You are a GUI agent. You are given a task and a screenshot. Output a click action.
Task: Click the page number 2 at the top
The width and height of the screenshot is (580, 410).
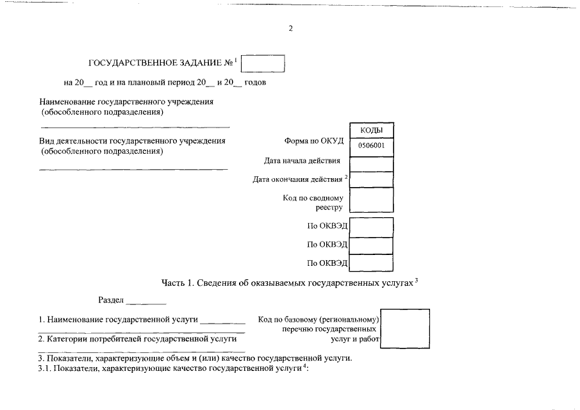tap(290, 28)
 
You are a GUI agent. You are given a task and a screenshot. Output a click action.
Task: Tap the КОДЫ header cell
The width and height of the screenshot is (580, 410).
tap(372, 131)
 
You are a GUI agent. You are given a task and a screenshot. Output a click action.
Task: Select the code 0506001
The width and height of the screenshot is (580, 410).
tap(372, 145)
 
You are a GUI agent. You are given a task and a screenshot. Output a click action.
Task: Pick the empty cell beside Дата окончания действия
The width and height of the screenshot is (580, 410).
tap(372, 179)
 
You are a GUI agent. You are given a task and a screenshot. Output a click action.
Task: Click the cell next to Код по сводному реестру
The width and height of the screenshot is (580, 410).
tap(372, 200)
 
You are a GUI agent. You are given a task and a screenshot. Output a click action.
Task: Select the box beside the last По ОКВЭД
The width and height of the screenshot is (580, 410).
tap(372, 263)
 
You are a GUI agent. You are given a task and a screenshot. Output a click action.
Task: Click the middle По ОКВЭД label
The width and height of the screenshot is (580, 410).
tap(327, 244)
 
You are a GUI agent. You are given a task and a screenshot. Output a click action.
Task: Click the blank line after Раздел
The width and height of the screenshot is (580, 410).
tap(146, 302)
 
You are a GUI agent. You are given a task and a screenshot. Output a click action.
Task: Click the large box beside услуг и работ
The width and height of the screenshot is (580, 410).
tap(405, 329)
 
